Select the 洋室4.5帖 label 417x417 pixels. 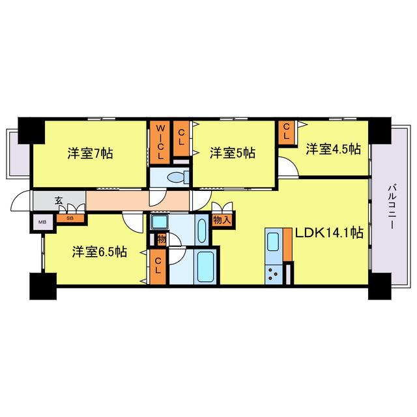(333, 149)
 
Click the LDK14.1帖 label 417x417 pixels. (330, 233)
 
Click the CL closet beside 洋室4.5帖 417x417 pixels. (285, 132)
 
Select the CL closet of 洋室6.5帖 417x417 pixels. (158, 266)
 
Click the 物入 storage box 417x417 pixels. (222, 220)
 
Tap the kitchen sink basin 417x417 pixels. (273, 240)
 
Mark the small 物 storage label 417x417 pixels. (160, 240)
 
